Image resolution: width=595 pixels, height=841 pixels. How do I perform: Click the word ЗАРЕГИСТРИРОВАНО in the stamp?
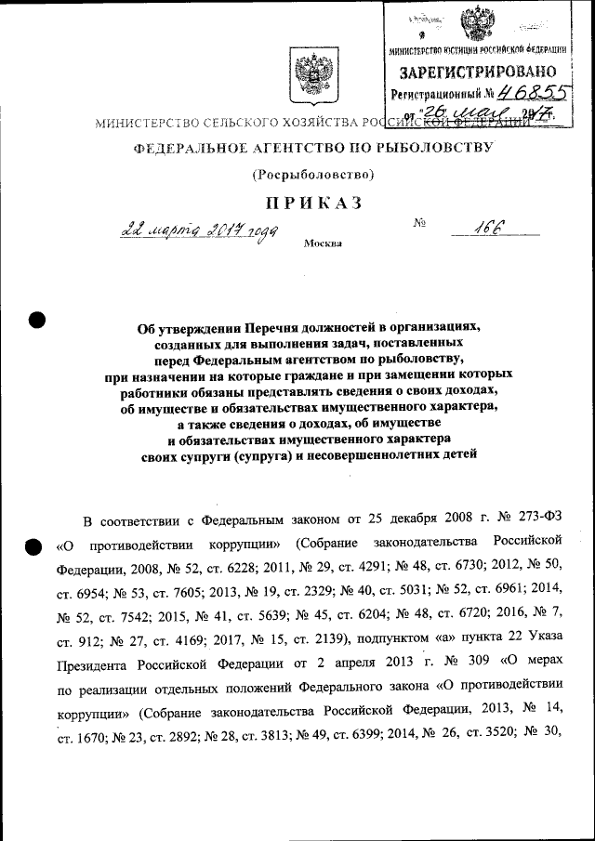[x=479, y=72]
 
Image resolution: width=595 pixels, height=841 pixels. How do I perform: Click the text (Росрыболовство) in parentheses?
[x=313, y=174]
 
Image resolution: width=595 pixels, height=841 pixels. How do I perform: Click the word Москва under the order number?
[x=323, y=244]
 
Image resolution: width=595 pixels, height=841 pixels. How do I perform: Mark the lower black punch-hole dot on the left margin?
[x=35, y=547]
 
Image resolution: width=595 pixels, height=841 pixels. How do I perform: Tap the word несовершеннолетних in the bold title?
[x=371, y=455]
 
